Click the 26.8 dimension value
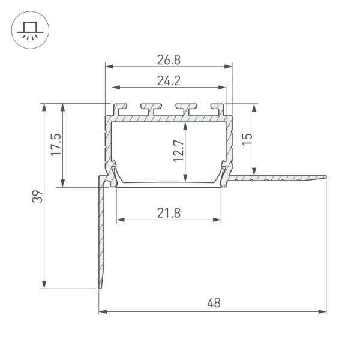(169, 59)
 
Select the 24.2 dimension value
(169, 81)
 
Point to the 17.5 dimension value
(56, 145)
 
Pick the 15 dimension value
(248, 139)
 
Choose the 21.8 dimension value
(169, 212)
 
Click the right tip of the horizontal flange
(326, 176)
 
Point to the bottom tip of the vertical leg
(99, 288)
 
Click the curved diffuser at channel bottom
(169, 184)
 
